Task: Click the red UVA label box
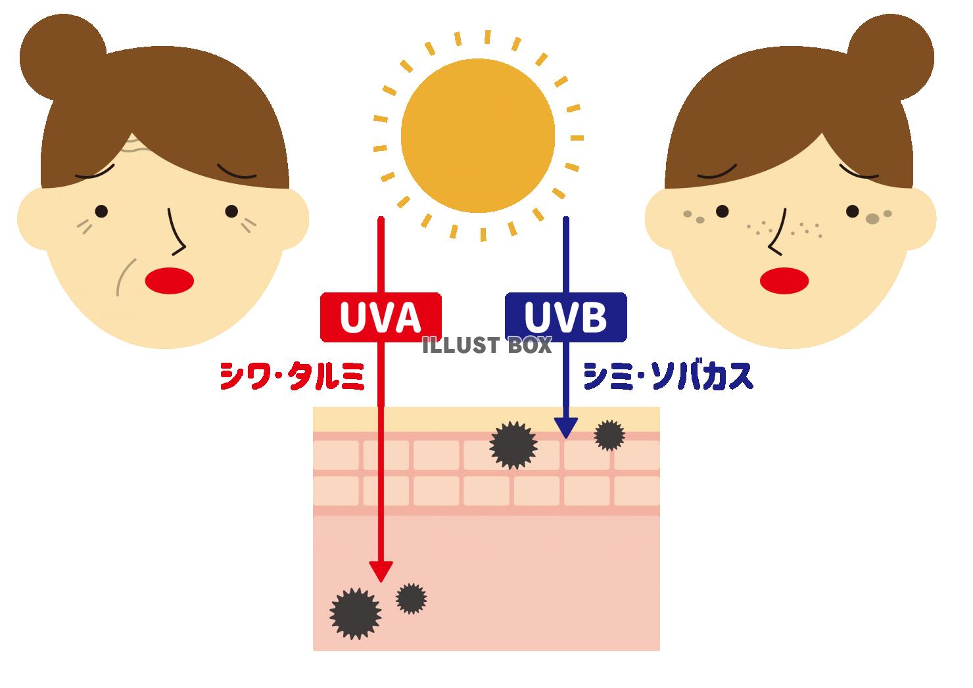coord(381,317)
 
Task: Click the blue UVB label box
coord(565,317)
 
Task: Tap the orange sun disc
coord(477,136)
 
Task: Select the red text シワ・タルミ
coord(292,377)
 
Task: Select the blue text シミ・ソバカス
coord(668,376)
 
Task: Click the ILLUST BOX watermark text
coord(486,346)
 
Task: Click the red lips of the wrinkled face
coord(170,281)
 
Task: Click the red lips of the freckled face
coord(784,281)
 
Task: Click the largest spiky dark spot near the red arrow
coord(355,614)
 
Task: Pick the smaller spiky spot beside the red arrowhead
coord(411,599)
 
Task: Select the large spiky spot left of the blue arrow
coord(513,446)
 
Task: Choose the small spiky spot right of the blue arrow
coord(609,435)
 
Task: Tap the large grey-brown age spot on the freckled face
coord(872,219)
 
